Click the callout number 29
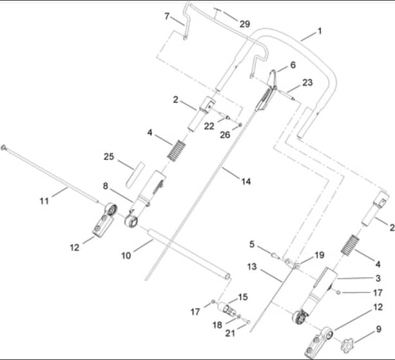245,24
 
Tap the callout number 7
167,16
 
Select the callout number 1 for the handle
320,32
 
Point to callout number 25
109,156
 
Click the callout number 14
246,182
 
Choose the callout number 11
44,201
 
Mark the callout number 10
126,256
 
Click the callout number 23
307,82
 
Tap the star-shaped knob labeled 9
347,346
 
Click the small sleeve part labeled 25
135,175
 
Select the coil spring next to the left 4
177,150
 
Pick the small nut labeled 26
240,125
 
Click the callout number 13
252,267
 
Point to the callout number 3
378,278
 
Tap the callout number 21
230,334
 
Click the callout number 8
105,186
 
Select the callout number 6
293,65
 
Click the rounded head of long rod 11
3,147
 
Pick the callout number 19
320,255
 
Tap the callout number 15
242,297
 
